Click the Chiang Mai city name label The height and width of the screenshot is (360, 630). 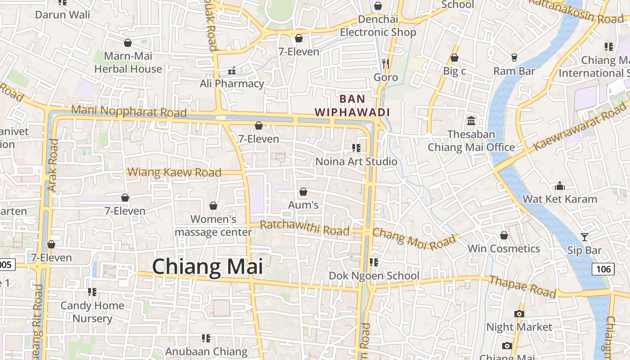pyautogui.click(x=207, y=266)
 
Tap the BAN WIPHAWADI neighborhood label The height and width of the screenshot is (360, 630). pyautogui.click(x=352, y=105)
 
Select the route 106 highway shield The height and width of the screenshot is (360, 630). pyautogui.click(x=603, y=269)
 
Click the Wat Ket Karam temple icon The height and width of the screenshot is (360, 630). pyautogui.click(x=560, y=186)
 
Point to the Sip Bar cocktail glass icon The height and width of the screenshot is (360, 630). pyautogui.click(x=584, y=237)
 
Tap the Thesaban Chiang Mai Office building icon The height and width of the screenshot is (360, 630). pyautogui.click(x=471, y=121)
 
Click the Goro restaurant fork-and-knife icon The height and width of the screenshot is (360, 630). pyautogui.click(x=386, y=63)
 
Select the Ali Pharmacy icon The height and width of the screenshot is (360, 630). pyautogui.click(x=232, y=70)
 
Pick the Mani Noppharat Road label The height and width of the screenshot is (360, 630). pyautogui.click(x=129, y=111)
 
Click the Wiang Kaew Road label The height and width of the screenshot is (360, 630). pyautogui.click(x=175, y=172)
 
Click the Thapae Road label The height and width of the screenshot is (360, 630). pyautogui.click(x=522, y=286)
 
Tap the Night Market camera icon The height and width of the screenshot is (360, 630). pyautogui.click(x=519, y=314)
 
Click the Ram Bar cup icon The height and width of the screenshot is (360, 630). pyautogui.click(x=514, y=57)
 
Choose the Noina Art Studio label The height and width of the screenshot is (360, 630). pyautogui.click(x=356, y=162)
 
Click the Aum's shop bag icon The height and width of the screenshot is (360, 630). pyautogui.click(x=303, y=192)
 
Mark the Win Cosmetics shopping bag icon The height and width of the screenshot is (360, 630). pyautogui.click(x=504, y=235)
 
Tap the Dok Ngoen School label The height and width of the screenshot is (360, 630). pyautogui.click(x=374, y=275)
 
